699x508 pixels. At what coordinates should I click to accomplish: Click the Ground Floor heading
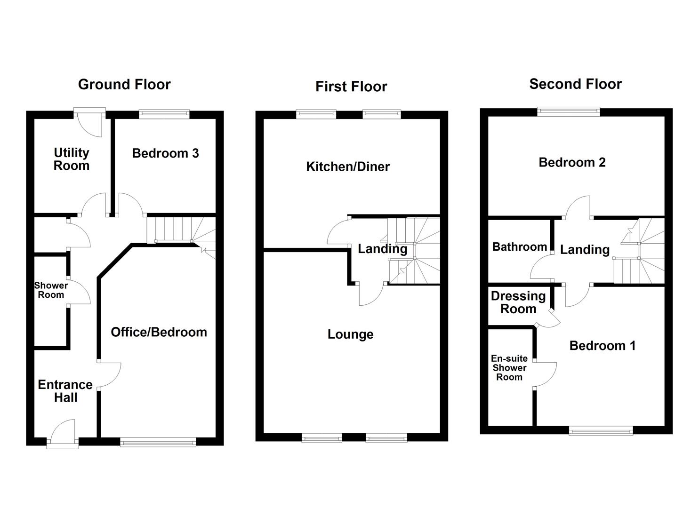coord(124,85)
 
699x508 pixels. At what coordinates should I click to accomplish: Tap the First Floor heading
coord(351,87)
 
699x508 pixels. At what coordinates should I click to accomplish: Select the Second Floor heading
coord(575,84)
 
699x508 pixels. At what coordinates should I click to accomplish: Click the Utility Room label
coord(72,159)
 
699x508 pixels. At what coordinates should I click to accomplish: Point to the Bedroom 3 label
coord(165,153)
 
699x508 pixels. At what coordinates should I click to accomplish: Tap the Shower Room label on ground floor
coord(51,290)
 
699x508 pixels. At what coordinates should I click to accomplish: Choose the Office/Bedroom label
coord(159,332)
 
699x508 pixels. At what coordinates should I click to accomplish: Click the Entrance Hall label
coord(65,391)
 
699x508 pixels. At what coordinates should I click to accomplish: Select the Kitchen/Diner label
coord(348,167)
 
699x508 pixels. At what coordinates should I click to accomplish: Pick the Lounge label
coord(351,334)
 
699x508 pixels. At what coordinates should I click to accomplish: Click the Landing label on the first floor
coord(382,249)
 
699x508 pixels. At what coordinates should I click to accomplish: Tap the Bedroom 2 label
coord(572,163)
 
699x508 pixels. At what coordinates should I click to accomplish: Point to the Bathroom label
coord(520,247)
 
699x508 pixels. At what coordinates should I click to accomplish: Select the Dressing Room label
coord(518,302)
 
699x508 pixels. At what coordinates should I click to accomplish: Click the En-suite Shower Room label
coord(509,368)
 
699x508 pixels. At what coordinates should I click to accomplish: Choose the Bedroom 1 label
coord(603,346)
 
